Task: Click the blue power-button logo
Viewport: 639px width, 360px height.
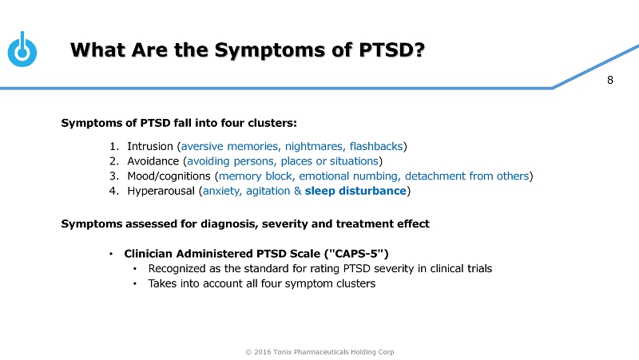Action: (x=22, y=49)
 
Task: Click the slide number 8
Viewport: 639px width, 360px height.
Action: (x=610, y=80)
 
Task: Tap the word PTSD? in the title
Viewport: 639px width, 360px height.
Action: (x=392, y=50)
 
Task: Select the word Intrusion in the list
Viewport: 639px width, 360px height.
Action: (x=150, y=146)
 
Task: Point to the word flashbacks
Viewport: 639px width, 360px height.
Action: (x=376, y=146)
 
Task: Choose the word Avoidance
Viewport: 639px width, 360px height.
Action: (x=153, y=161)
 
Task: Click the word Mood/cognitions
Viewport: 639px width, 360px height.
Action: (x=169, y=176)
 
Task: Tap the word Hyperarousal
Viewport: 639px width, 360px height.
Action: (x=161, y=191)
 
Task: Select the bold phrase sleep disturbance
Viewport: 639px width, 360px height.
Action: (x=355, y=191)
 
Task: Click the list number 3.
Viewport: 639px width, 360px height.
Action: (x=113, y=176)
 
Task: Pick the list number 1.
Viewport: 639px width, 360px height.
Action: (x=113, y=146)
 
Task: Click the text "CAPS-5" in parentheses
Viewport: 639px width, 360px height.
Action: (x=356, y=254)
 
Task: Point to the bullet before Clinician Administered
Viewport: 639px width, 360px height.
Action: (x=111, y=254)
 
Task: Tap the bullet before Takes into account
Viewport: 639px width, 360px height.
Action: (x=135, y=284)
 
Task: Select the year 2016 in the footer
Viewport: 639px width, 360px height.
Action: (x=262, y=352)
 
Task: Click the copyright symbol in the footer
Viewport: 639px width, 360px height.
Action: (x=248, y=352)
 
